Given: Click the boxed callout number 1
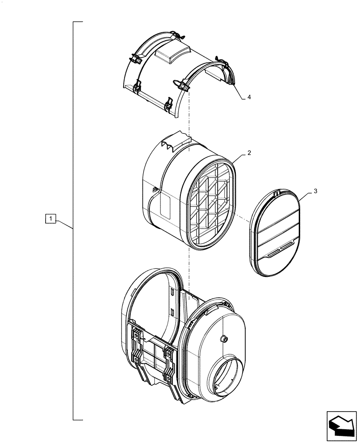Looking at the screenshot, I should click(52, 218).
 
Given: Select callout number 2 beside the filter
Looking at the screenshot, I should click(249, 153).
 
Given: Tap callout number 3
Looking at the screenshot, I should click(315, 191).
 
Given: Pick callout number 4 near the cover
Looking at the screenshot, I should click(249, 97).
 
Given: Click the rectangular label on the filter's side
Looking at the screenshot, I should click(166, 205).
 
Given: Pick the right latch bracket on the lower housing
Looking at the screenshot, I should click(169, 363).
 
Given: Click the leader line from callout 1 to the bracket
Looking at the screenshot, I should click(64, 223).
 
